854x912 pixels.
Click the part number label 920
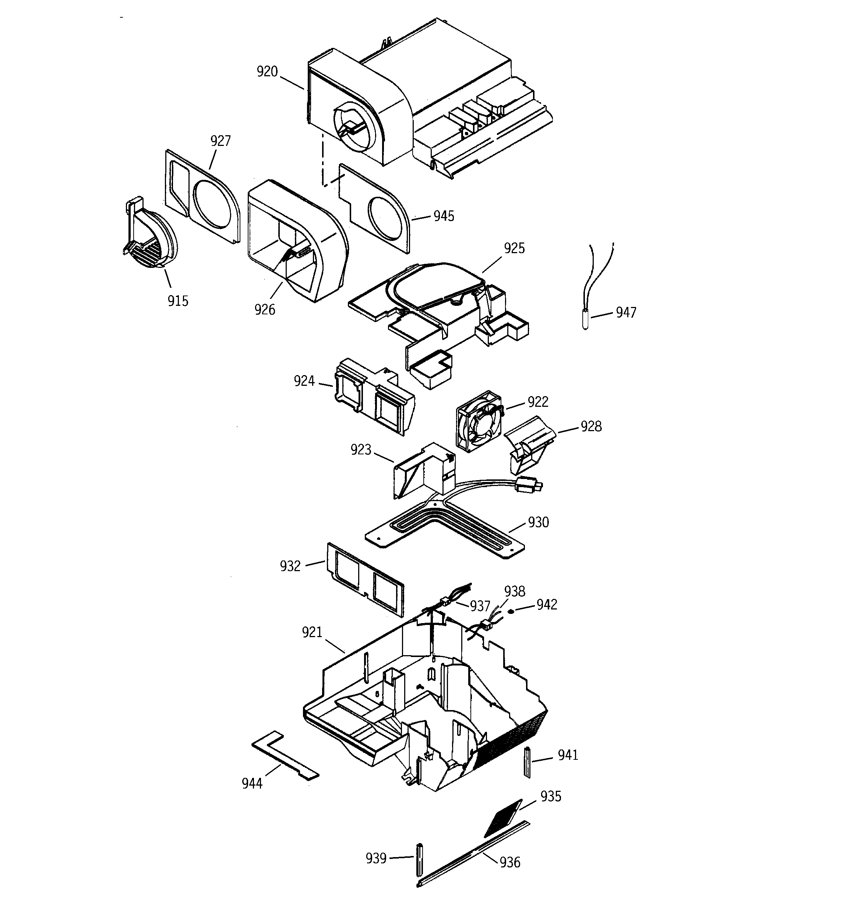coord(267,71)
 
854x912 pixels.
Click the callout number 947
coord(626,312)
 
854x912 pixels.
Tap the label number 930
coord(538,523)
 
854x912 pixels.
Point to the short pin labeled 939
coord(419,858)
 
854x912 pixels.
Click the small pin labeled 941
coord(527,762)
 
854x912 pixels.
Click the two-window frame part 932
coord(366,579)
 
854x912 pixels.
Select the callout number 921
coord(312,633)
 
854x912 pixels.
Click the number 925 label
coord(514,248)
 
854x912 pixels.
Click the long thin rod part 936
coord(472,852)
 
